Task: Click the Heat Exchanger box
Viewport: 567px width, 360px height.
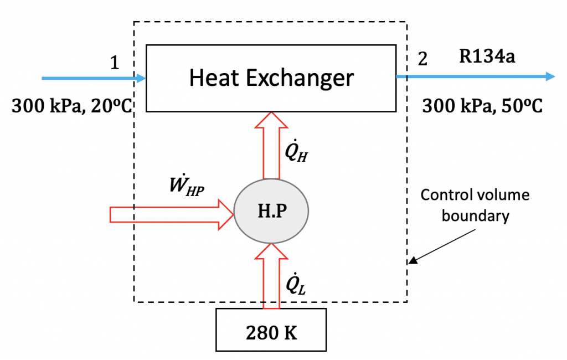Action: click(271, 78)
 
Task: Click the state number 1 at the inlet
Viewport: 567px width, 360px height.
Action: click(114, 63)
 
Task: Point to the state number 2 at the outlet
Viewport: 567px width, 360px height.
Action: click(422, 59)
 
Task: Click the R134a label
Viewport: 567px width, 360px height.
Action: click(487, 56)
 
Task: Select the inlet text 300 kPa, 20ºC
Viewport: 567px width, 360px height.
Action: click(70, 105)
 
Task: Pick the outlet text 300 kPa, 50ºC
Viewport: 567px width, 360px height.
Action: click(482, 105)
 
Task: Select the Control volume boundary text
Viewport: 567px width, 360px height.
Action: click(475, 205)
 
